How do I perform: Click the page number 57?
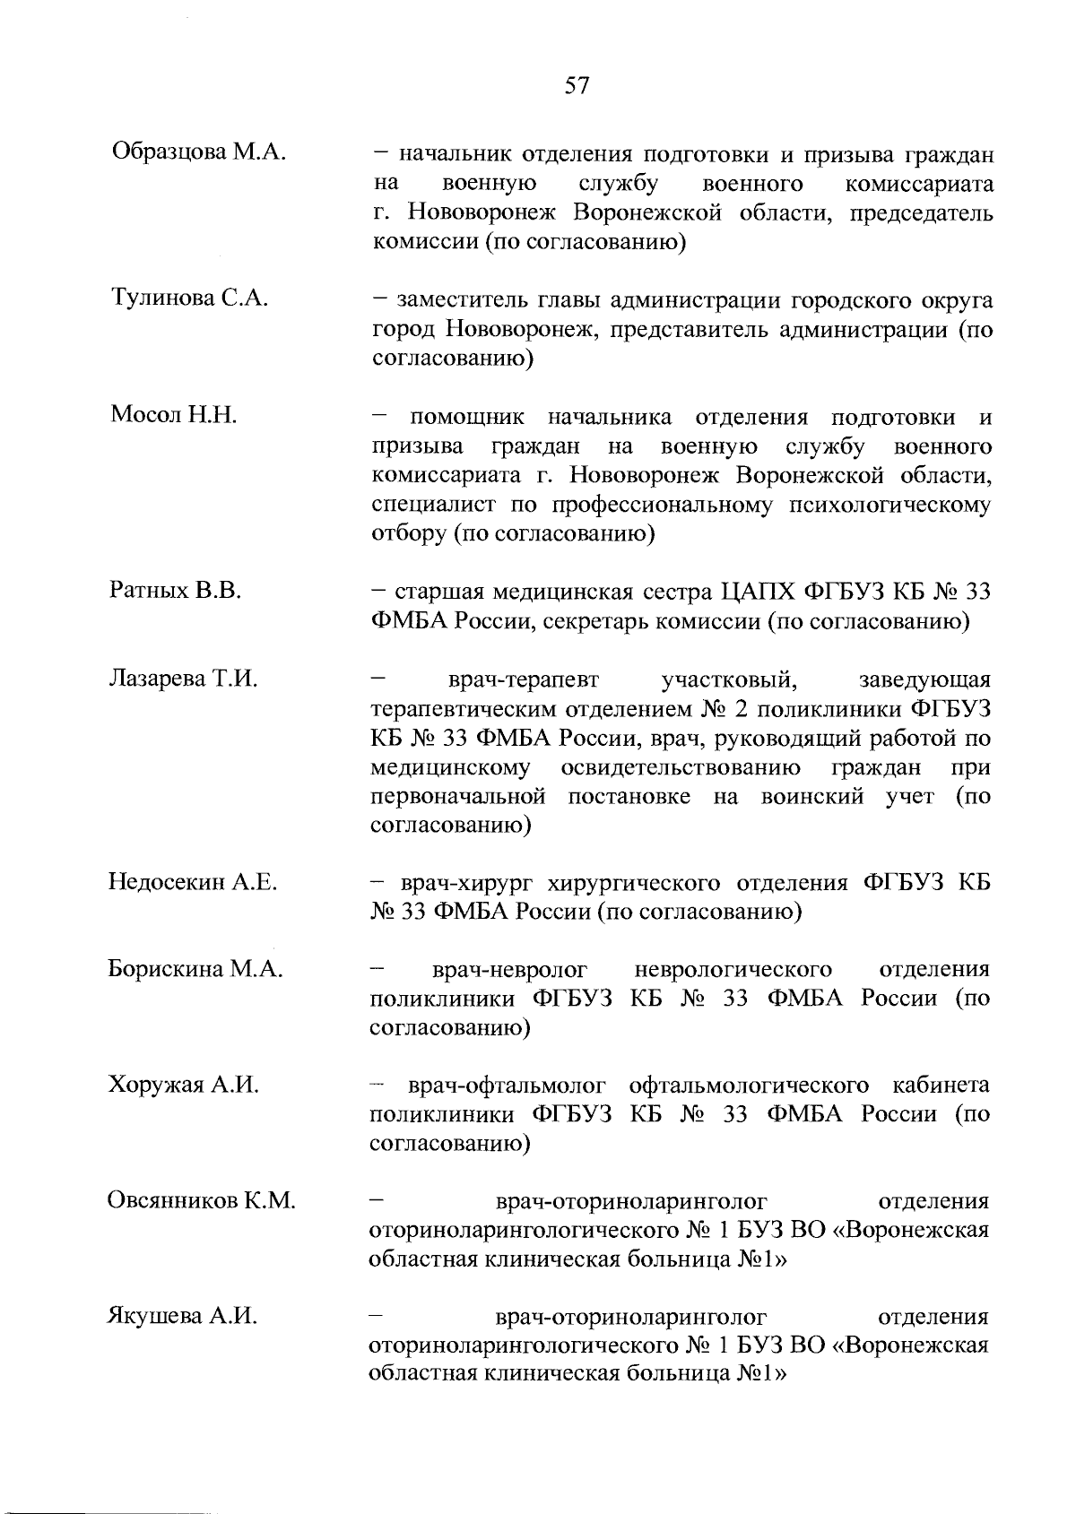click(x=577, y=85)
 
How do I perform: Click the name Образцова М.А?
click(x=198, y=151)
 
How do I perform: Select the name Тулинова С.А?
click(x=188, y=298)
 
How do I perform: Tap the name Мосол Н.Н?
click(x=174, y=415)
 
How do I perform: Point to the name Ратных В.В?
click(x=175, y=591)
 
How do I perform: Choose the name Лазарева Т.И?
click(x=183, y=679)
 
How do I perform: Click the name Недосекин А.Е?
click(x=193, y=883)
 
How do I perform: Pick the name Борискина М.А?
click(x=195, y=969)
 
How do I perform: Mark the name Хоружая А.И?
click(x=184, y=1086)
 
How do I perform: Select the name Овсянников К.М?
click(x=202, y=1201)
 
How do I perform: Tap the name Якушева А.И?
click(x=183, y=1317)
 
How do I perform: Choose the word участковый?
click(x=729, y=679)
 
